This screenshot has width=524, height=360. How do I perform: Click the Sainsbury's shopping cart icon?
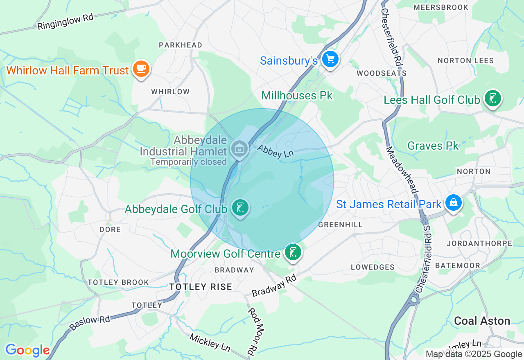330,60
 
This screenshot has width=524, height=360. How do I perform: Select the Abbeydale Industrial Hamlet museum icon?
239,148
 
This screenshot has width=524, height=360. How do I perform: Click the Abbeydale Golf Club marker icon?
240,208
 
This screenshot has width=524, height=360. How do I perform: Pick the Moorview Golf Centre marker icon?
293,252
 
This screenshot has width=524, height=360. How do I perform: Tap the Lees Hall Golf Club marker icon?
492,99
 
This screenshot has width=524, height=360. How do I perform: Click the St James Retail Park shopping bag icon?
454,202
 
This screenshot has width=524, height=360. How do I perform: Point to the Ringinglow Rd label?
65,22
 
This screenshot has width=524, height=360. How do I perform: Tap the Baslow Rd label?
90,322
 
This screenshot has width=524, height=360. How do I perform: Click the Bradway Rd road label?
274,286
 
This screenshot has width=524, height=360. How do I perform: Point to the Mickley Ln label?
210,342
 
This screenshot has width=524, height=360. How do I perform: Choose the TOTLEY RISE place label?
201,287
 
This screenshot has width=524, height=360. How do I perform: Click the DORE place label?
110,229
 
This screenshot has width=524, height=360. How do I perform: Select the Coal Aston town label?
482,321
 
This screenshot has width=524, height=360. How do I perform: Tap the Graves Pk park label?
433,146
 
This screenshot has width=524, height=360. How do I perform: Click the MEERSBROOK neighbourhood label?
441,7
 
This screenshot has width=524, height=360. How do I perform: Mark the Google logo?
27,351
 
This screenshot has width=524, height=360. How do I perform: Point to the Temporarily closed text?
188,162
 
